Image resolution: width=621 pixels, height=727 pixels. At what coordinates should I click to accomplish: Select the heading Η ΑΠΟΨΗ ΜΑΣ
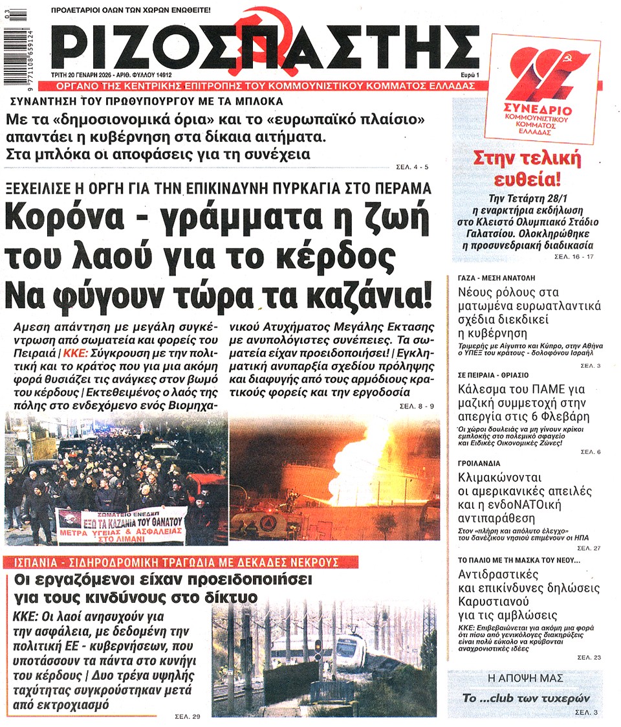pyautogui.click(x=525, y=678)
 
